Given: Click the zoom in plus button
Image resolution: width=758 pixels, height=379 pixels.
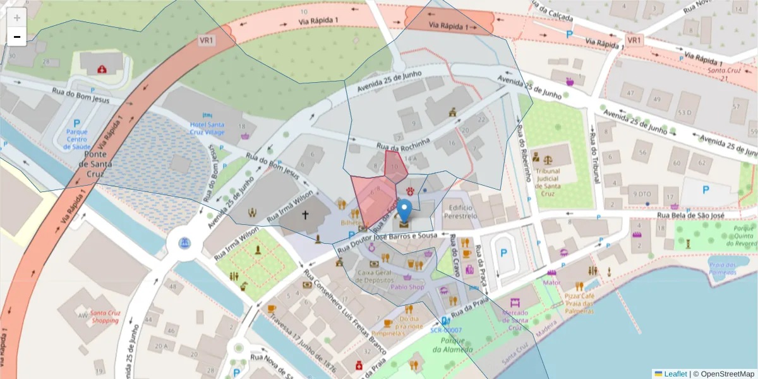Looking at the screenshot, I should (x=17, y=18).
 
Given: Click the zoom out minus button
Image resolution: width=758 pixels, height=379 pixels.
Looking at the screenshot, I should (x=17, y=37).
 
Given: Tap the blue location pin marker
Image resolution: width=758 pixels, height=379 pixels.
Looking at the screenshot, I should (x=404, y=209).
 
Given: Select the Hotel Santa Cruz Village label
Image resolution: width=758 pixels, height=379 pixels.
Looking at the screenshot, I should (x=207, y=128).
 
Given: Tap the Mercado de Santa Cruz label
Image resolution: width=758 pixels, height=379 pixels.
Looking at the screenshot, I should (x=515, y=320).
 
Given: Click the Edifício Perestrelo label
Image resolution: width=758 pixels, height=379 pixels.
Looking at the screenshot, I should (x=460, y=212).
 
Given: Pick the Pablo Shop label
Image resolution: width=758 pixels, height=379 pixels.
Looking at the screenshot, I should (x=407, y=286).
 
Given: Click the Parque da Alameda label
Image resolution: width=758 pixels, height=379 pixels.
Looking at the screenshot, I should (x=453, y=346).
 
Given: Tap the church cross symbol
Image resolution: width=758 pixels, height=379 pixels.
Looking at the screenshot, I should (x=305, y=215).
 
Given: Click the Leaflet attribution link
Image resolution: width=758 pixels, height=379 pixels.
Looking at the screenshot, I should (x=675, y=373).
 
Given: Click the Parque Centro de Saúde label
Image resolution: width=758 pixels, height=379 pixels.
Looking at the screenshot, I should (x=77, y=139).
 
